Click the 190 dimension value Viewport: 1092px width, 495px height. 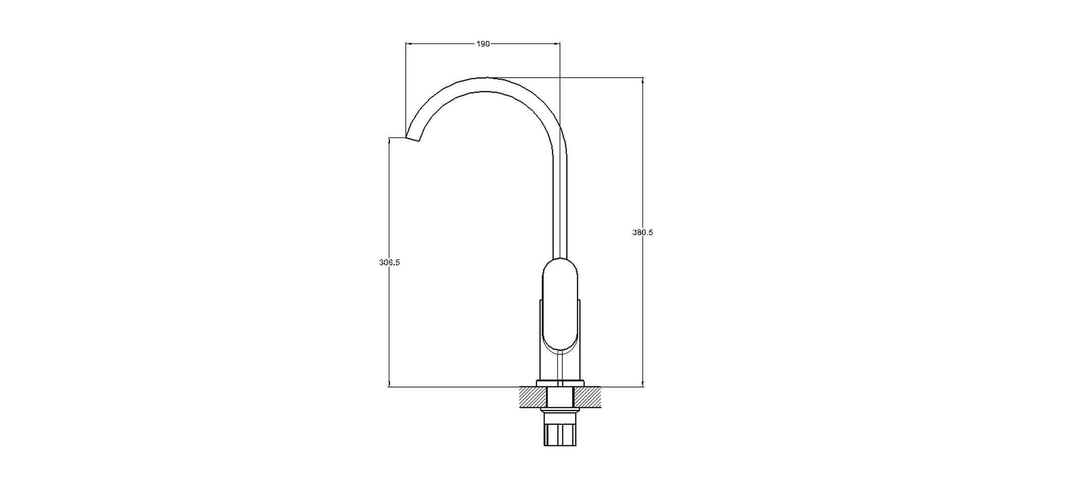pyautogui.click(x=483, y=44)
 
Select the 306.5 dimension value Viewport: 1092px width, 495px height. pyautogui.click(x=389, y=263)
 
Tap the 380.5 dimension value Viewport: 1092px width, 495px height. pyautogui.click(x=643, y=232)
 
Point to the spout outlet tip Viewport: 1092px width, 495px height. pyautogui.click(x=413, y=139)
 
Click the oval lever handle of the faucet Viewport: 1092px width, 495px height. pyautogui.click(x=560, y=304)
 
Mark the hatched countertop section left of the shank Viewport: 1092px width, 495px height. pyautogui.click(x=533, y=397)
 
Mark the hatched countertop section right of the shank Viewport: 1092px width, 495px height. pyautogui.click(x=587, y=397)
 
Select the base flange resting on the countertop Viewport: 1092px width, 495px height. pyautogui.click(x=560, y=383)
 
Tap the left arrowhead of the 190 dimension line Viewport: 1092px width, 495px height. pyautogui.click(x=409, y=44)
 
